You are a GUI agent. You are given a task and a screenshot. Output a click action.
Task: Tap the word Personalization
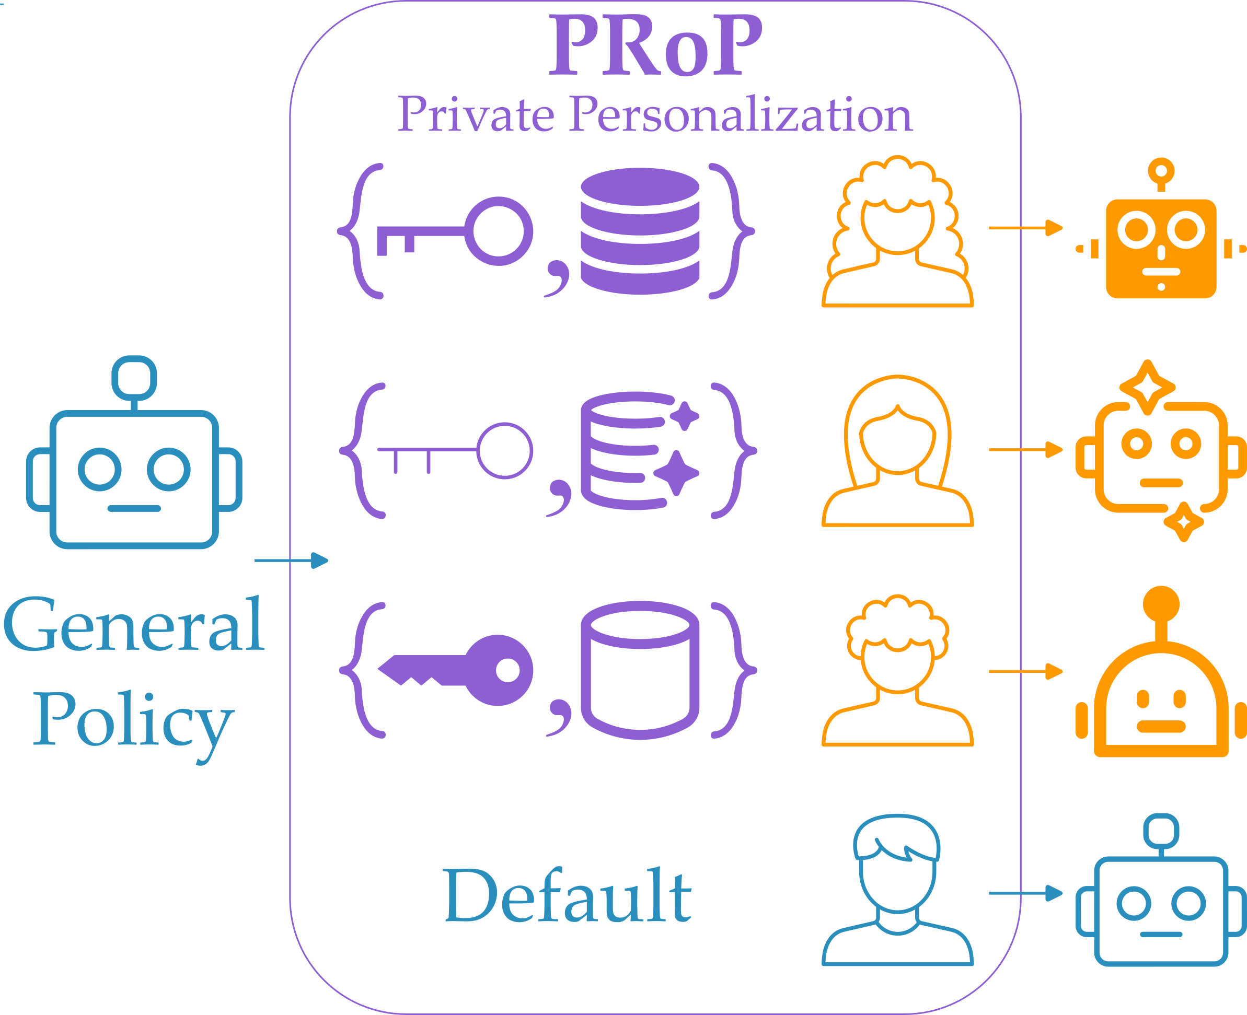(741, 115)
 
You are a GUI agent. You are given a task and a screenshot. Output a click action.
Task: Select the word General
(133, 625)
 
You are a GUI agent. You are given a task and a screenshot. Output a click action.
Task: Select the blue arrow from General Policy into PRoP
(291, 560)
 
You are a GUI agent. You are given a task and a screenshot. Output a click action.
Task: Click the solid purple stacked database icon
(640, 231)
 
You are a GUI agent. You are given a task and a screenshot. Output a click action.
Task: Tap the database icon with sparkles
(640, 451)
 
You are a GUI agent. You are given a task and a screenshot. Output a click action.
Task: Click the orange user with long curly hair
(897, 231)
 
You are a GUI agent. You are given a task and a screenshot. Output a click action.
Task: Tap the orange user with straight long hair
(897, 451)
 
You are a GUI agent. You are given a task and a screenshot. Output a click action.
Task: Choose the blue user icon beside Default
(897, 889)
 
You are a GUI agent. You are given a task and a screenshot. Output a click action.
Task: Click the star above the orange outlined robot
(1148, 387)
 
